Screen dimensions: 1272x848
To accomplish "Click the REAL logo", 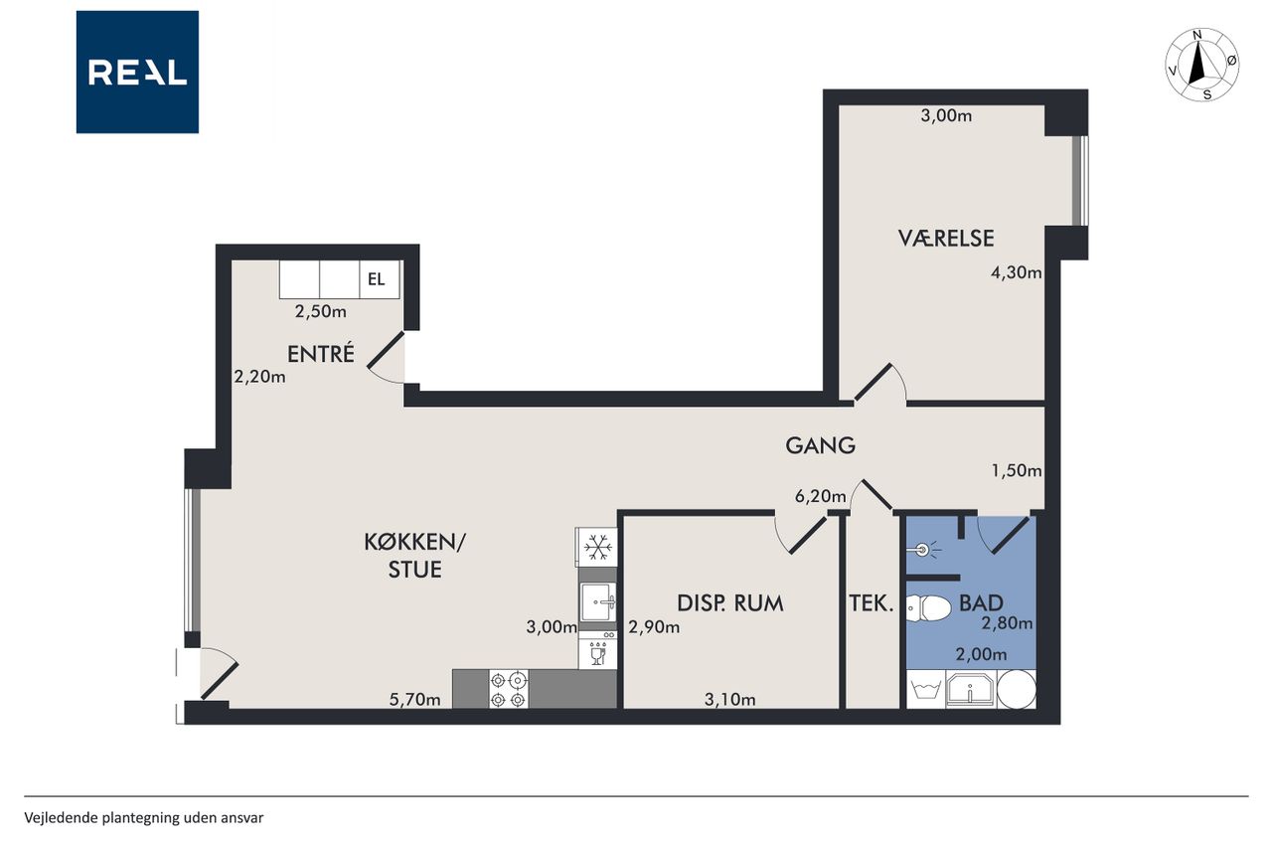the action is pyautogui.click(x=137, y=73).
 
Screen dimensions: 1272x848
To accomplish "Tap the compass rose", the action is pyautogui.click(x=1201, y=65).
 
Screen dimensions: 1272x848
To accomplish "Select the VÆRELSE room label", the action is pyautogui.click(x=946, y=239).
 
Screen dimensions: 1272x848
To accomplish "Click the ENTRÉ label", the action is pyautogui.click(x=321, y=353).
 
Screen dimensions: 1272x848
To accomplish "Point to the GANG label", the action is pyautogui.click(x=821, y=445).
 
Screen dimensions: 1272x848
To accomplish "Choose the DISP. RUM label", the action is pyautogui.click(x=730, y=603).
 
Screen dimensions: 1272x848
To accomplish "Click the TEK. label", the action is pyautogui.click(x=872, y=603).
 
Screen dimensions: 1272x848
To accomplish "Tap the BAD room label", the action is pyautogui.click(x=981, y=602).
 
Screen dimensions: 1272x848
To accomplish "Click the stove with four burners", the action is pyautogui.click(x=508, y=689).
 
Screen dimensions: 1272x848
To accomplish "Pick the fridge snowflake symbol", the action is pyautogui.click(x=597, y=548).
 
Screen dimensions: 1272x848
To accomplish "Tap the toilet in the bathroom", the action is pyautogui.click(x=928, y=608).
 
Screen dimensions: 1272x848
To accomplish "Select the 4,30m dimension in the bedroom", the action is pyautogui.click(x=1017, y=273).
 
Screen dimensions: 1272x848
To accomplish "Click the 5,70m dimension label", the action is pyautogui.click(x=415, y=700).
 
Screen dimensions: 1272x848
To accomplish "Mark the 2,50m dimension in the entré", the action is pyautogui.click(x=321, y=312).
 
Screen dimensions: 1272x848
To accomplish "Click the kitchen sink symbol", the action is pyautogui.click(x=598, y=601).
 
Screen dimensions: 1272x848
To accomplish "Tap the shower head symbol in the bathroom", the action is pyautogui.click(x=924, y=549).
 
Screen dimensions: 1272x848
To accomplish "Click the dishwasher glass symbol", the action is pyautogui.click(x=597, y=654).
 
